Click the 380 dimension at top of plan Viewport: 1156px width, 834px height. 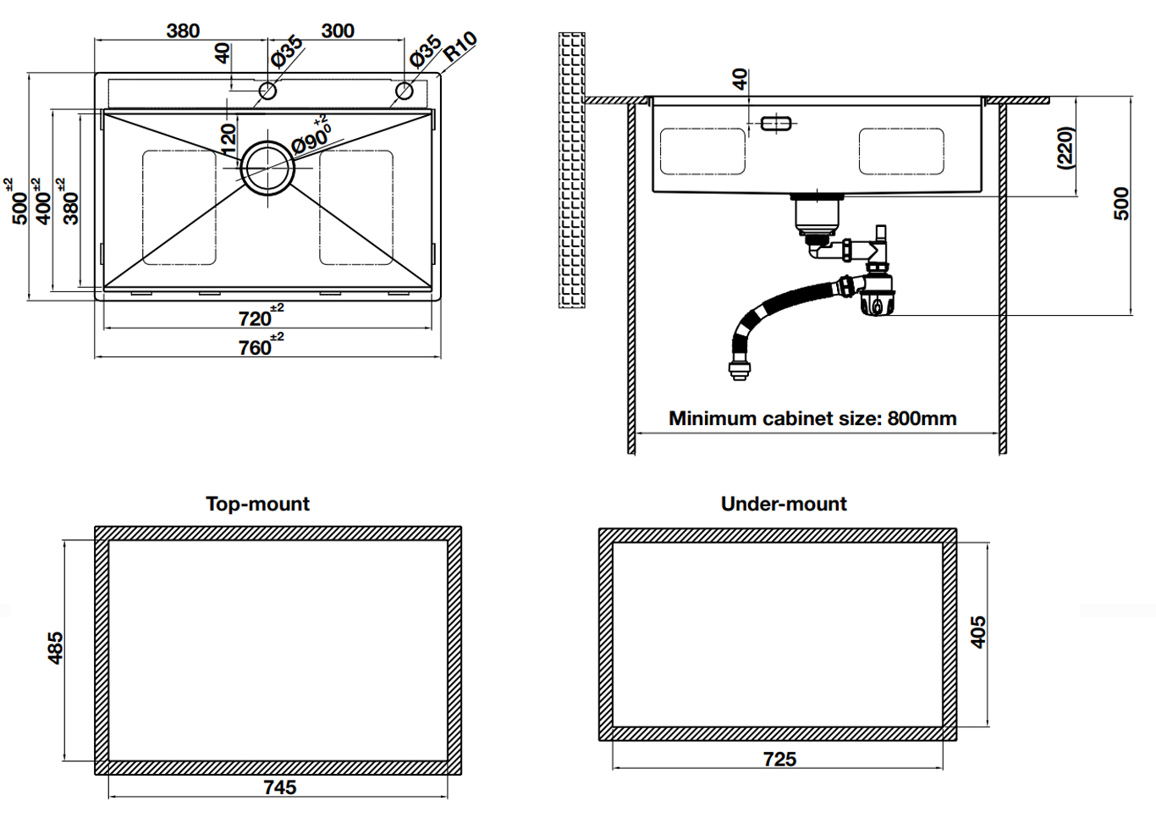coord(183,30)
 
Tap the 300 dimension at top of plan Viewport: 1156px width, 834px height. coord(337,30)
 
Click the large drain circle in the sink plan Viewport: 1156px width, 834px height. coord(267,168)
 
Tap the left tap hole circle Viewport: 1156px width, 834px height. coord(267,90)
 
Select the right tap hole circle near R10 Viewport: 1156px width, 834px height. coord(405,90)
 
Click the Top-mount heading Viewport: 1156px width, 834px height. coord(257,504)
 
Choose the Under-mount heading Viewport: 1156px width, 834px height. coord(784,504)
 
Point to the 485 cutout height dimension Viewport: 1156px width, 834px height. coord(55,648)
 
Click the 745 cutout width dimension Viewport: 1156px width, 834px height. coord(279,787)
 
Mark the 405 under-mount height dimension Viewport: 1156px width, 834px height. coord(978,632)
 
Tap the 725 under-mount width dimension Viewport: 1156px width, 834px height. coord(779,759)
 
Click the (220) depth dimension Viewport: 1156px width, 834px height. coord(1066,147)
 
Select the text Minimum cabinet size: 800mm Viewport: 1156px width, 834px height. coord(812,418)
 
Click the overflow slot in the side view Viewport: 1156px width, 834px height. coord(777,124)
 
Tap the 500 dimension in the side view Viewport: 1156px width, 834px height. coord(1121,203)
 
